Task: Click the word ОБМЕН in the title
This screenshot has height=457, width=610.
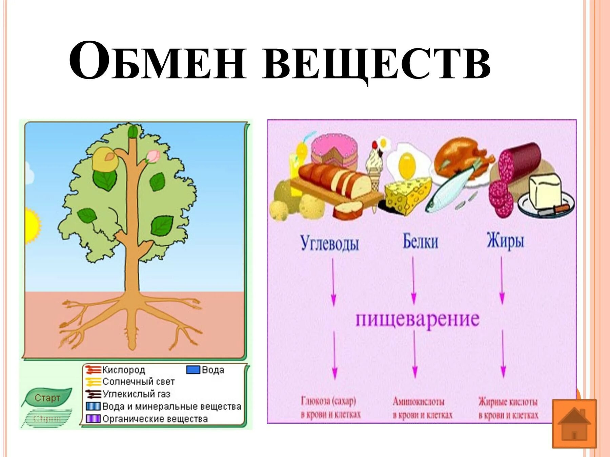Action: (x=157, y=61)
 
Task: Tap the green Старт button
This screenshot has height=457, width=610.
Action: (x=47, y=398)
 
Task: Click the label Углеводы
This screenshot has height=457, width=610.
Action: (x=329, y=243)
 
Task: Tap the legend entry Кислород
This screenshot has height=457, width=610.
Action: (x=123, y=370)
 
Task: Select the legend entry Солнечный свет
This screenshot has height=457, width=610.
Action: (x=138, y=382)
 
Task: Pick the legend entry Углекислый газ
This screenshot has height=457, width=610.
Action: (x=136, y=394)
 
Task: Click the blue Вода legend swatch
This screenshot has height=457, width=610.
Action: (x=193, y=370)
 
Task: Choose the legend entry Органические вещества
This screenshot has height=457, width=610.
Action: (x=155, y=419)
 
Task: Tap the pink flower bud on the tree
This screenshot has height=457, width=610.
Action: (x=152, y=156)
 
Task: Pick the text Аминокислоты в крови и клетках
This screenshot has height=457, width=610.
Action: (x=422, y=408)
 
